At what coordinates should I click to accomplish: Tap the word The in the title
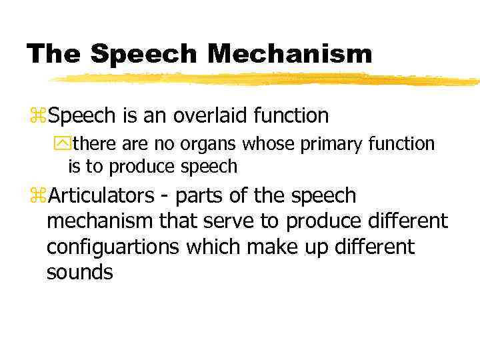[x=54, y=53]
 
